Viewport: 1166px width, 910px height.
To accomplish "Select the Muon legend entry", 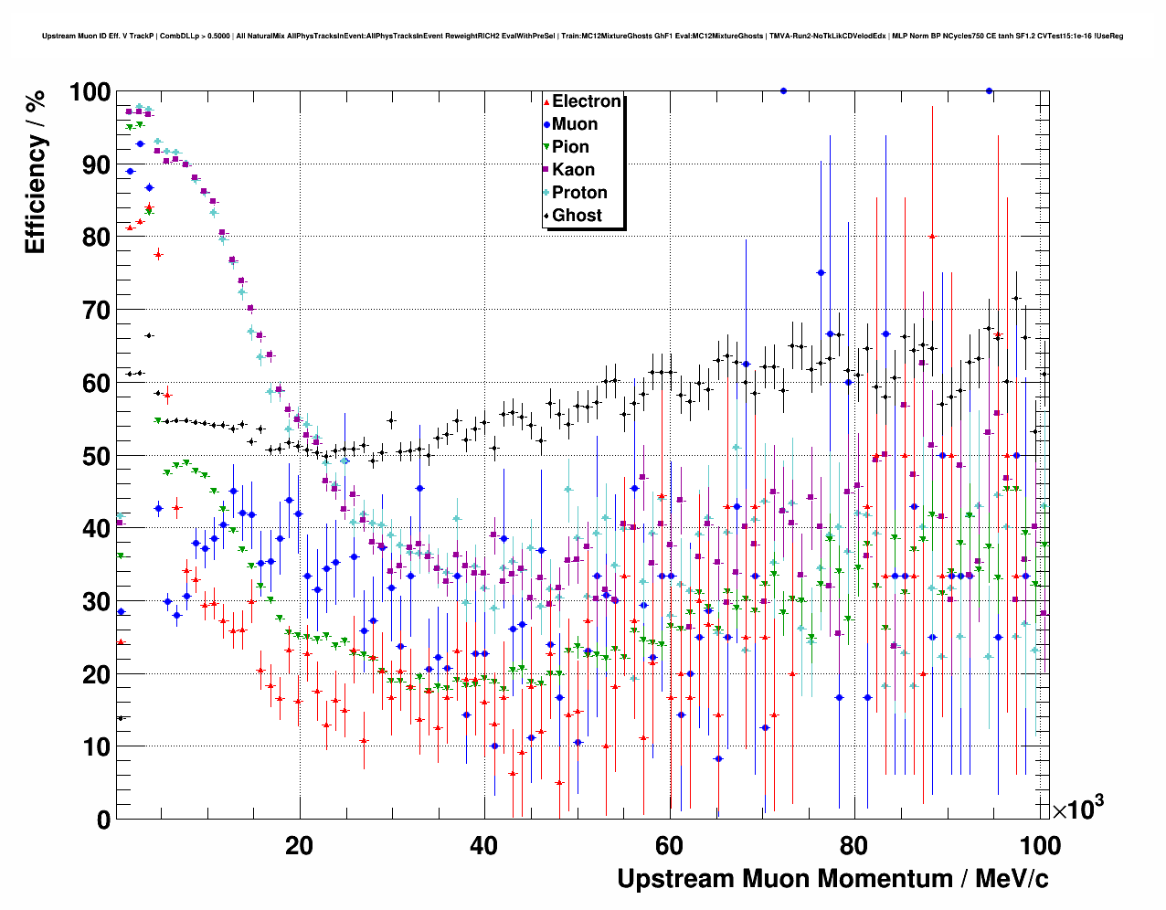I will coord(575,124).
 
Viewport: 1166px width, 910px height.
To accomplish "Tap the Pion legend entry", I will coord(570,147).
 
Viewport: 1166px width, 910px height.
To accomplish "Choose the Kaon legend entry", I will coord(573,170).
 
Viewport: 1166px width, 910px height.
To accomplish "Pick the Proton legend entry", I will coord(579,193).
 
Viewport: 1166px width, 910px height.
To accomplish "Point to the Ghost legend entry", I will coord(577,216).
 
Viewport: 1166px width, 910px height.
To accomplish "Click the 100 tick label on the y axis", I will coord(90,92).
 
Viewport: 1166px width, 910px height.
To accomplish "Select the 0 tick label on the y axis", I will coord(102,820).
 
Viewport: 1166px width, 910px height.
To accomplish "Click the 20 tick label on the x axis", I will coord(299,846).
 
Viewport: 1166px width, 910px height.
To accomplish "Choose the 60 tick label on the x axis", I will coord(670,846).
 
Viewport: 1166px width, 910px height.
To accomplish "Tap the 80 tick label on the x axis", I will coord(854,846).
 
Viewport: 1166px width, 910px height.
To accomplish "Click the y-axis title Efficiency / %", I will coord(35,174).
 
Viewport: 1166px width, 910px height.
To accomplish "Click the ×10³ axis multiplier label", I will coord(1077,809).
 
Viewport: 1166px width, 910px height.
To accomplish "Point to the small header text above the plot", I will coord(582,37).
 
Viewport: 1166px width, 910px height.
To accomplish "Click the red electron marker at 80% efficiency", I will coord(932,237).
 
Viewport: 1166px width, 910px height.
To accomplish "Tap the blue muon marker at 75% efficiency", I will coord(821,273).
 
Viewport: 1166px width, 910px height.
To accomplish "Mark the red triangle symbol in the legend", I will coord(546,102).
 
